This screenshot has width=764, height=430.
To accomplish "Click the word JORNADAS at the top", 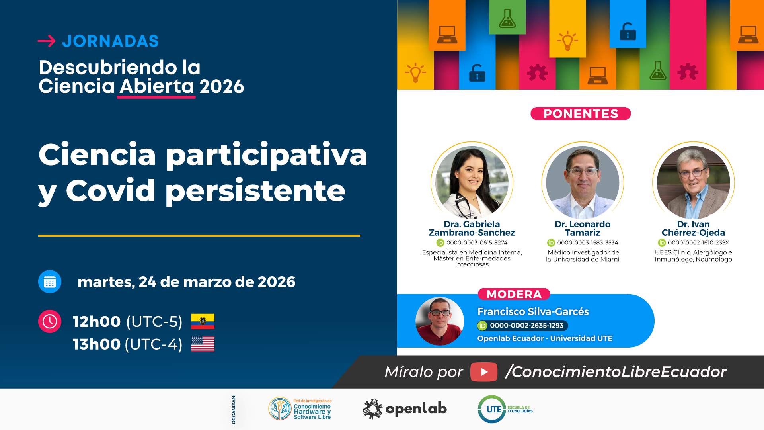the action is click(x=111, y=41).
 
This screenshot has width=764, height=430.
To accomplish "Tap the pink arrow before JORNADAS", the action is click(x=47, y=41).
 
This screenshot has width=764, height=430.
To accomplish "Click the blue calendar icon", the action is click(x=50, y=282).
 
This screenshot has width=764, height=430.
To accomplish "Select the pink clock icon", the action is click(x=50, y=321).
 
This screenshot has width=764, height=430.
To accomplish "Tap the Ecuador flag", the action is click(x=203, y=321).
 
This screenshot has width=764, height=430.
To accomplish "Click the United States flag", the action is click(x=203, y=344).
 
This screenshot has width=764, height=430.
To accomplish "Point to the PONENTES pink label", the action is click(x=581, y=114).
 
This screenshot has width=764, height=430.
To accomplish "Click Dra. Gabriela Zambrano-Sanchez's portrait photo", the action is click(x=472, y=182).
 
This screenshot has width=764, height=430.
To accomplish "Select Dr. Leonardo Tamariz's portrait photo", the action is click(x=583, y=182).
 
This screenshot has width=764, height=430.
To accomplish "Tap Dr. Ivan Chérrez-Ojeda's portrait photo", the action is click(x=694, y=182).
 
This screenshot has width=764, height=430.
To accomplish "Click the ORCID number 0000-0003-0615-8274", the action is click(x=477, y=243).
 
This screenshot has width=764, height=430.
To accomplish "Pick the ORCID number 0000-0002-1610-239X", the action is click(x=698, y=243).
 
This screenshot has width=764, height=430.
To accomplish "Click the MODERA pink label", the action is click(x=514, y=294).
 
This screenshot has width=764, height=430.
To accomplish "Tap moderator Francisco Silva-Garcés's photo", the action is click(x=440, y=321).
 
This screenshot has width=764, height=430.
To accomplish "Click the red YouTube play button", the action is click(x=484, y=372).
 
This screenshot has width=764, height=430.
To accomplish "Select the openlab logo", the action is click(x=405, y=409).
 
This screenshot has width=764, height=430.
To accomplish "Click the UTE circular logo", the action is click(x=492, y=409).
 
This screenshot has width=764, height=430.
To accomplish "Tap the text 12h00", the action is click(x=97, y=322).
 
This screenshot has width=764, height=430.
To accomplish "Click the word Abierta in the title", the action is click(x=157, y=86).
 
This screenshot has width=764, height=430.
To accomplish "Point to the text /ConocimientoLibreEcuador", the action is click(x=616, y=372).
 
